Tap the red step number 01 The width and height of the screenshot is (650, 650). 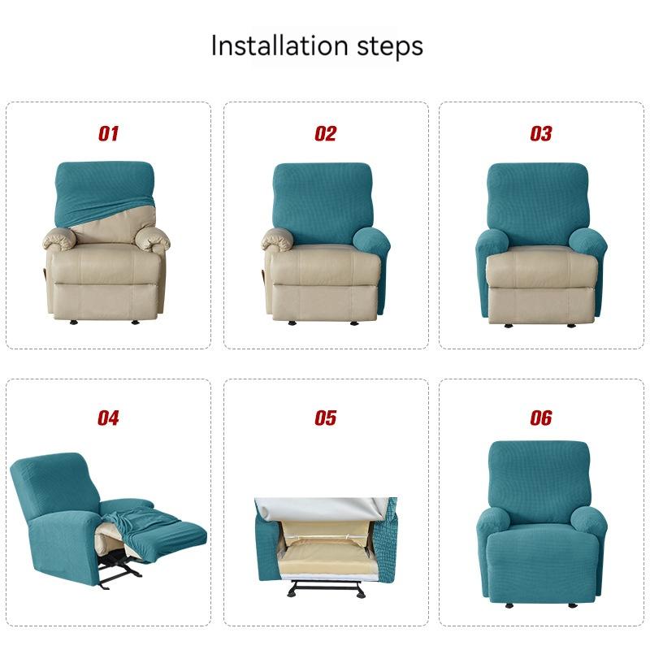pyautogui.click(x=108, y=134)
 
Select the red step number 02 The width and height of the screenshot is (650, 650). pyautogui.click(x=325, y=134)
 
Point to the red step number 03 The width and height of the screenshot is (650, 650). pyautogui.click(x=541, y=134)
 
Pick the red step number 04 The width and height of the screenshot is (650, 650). pyautogui.click(x=108, y=418)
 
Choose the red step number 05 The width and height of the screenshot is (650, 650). pyautogui.click(x=325, y=418)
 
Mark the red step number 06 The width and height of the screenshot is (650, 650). pyautogui.click(x=541, y=418)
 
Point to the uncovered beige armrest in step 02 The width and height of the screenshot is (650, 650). pyautogui.click(x=280, y=238)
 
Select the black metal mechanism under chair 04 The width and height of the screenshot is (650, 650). pyautogui.click(x=122, y=573)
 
